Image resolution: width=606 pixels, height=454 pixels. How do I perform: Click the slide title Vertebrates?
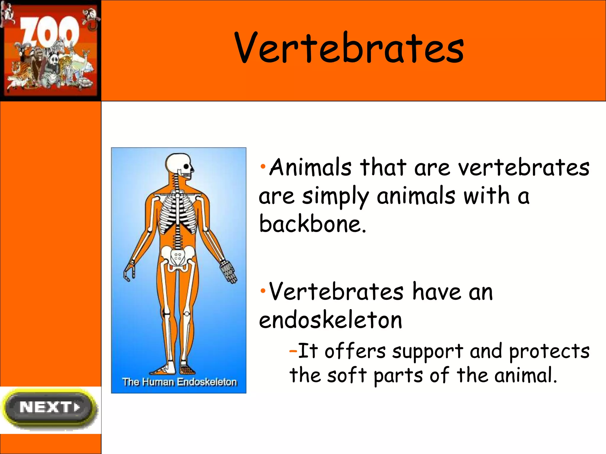(x=349, y=48)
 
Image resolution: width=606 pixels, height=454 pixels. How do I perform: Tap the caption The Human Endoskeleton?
(x=179, y=382)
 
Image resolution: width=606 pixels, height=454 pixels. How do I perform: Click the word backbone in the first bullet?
(x=312, y=224)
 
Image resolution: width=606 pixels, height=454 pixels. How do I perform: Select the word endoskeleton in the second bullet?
(x=331, y=320)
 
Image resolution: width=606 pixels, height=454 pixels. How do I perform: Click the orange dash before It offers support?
(x=293, y=351)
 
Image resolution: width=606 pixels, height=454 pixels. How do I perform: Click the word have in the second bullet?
(x=437, y=292)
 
